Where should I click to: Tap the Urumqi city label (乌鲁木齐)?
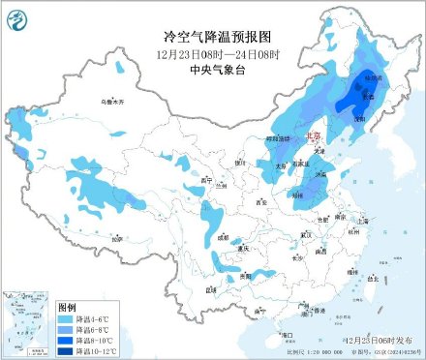tap(114, 102)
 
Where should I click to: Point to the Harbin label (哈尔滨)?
tap(373, 76)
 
